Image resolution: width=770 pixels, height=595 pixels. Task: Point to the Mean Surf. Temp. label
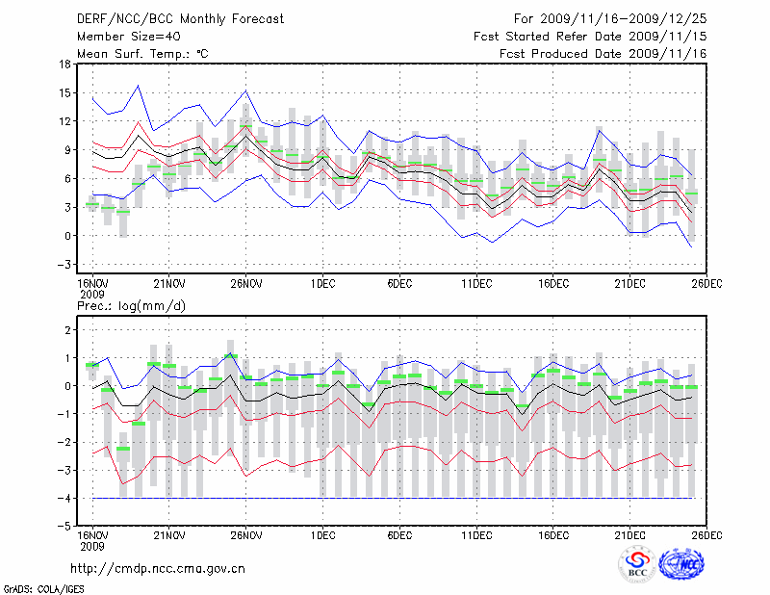[142, 53]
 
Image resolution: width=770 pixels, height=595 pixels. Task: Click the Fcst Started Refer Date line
[590, 36]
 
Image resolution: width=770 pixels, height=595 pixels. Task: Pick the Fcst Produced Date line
[603, 53]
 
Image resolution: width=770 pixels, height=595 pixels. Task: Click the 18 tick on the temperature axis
[65, 65]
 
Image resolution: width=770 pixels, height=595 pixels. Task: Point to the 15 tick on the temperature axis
[65, 93]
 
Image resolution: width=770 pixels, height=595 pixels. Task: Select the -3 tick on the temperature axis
[64, 264]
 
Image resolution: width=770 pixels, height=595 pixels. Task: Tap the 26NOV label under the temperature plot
[246, 284]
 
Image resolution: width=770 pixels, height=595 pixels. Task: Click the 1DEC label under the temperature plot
[323, 284]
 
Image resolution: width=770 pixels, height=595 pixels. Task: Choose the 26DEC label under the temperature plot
[707, 284]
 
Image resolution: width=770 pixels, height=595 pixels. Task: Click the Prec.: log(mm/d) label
[131, 306]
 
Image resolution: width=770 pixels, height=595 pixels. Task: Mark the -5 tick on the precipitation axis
[64, 527]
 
